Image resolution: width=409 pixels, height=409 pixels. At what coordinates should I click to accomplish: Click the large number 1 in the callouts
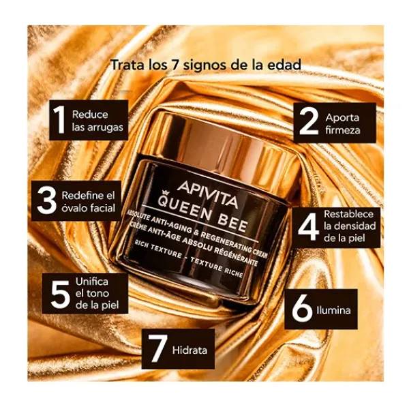click(59, 120)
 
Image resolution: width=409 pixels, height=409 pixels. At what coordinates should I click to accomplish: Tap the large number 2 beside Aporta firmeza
click(309, 122)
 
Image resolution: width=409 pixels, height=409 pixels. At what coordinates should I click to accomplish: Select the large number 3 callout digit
click(46, 200)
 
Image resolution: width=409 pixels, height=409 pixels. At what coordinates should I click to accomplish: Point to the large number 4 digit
click(308, 227)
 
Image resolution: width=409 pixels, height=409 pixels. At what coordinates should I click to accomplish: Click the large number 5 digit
click(61, 294)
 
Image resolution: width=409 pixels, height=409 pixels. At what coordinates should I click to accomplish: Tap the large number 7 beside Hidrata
click(157, 348)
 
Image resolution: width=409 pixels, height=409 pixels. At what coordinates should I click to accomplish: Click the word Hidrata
click(190, 350)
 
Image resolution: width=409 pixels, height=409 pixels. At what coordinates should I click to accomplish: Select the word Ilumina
click(333, 310)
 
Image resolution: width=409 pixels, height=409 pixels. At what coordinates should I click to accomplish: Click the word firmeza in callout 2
click(342, 130)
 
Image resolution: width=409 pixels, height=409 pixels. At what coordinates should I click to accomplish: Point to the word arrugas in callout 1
click(106, 128)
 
